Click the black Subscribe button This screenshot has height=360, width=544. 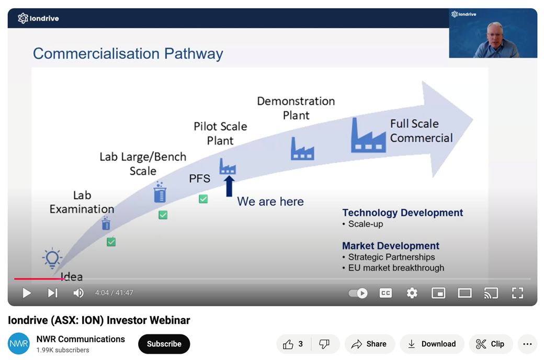point(164,344)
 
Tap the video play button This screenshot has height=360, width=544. point(27,293)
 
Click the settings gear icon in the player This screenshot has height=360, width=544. point(412,293)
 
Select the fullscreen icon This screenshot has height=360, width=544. point(517,293)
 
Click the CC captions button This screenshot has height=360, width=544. point(386,293)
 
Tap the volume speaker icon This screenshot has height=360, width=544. point(78,293)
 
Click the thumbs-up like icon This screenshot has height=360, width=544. point(288,344)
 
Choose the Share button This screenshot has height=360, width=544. point(369,344)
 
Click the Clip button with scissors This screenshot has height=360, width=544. point(491,344)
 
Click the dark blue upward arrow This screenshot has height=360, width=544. point(229,186)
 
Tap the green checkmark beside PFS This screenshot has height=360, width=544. point(203,199)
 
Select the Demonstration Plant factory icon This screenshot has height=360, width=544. point(302,149)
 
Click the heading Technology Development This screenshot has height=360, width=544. point(402,212)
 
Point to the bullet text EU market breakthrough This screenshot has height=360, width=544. point(396,268)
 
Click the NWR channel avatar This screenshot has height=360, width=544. point(19,344)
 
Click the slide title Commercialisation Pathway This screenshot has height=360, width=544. point(128,54)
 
